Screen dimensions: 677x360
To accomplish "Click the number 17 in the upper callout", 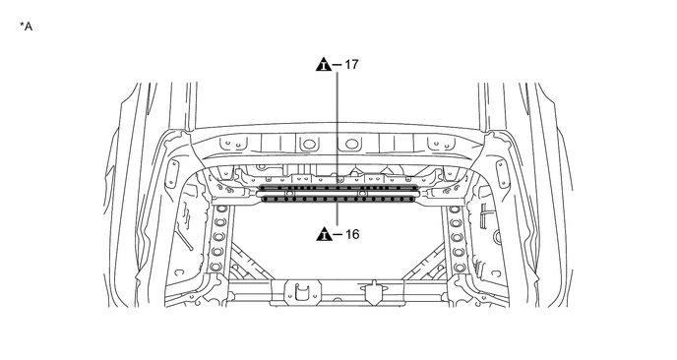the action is click(352, 64).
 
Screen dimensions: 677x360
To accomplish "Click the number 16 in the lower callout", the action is click(352, 234).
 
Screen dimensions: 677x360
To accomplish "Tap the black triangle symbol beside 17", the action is click(324, 64).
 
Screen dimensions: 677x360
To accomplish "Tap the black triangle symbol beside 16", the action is click(324, 233).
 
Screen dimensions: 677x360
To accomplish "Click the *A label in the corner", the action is click(26, 27).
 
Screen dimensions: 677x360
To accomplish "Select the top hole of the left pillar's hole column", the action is click(221, 209).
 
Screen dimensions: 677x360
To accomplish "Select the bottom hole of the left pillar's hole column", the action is click(216, 267).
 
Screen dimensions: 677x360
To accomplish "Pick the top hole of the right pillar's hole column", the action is click(455, 210).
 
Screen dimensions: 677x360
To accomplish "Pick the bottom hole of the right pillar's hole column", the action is click(460, 268).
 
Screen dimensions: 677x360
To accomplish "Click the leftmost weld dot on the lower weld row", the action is click(265, 200).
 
